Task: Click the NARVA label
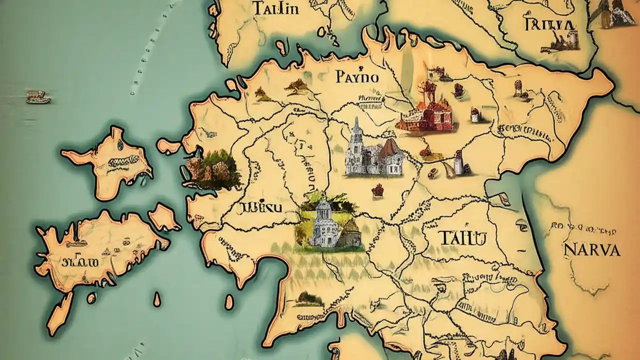click(591, 249)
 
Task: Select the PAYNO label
click(357, 77)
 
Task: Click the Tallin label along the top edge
click(276, 8)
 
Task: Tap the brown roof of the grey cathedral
click(389, 148)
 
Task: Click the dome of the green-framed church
click(323, 207)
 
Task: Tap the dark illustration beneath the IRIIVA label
click(558, 42)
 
